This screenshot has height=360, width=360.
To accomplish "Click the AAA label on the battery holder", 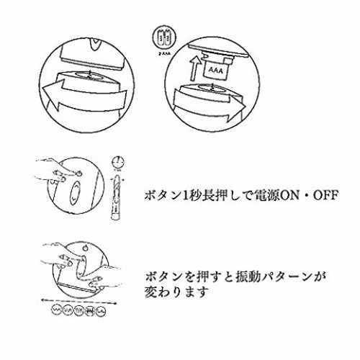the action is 216,71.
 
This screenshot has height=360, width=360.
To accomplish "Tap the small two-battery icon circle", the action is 165,37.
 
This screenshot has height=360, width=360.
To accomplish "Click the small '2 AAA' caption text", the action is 164,53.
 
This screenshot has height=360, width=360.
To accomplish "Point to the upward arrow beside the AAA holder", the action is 195,68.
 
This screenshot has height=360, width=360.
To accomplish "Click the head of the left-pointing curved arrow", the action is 53,95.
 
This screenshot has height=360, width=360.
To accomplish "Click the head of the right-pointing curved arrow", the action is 235,107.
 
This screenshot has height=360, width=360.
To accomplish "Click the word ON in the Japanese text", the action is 290,196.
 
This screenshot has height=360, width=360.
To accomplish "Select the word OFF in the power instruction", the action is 325,196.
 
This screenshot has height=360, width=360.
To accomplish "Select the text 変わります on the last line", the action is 176,292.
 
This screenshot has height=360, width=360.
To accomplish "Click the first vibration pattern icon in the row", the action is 57,311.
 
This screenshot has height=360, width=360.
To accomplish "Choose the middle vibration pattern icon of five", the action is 78,311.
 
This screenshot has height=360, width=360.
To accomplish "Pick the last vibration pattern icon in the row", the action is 101,311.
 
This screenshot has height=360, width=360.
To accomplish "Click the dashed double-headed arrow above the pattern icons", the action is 78,301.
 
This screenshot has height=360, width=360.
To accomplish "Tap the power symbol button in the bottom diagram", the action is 85,248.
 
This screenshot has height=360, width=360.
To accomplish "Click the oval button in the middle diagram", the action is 75,193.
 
